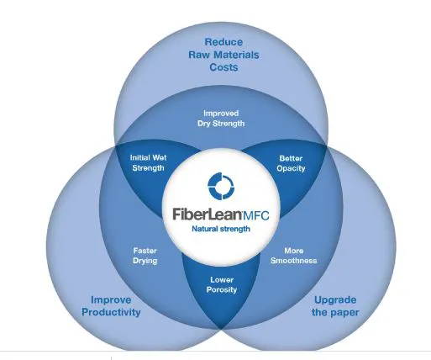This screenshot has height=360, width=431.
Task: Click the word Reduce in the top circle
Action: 223,42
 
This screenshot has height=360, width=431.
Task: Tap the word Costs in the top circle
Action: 223,67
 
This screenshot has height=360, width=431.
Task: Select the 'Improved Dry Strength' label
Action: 221,119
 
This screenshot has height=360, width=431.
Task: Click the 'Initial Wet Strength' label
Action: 148,163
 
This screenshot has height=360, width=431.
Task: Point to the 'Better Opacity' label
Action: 291,163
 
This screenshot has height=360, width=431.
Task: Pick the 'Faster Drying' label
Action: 145,256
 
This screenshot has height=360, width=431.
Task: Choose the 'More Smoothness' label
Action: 294,256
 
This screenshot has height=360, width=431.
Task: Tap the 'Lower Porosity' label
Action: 222,284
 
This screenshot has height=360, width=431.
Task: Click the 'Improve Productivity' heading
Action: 111,306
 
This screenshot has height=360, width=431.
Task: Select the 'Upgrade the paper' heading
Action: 335,306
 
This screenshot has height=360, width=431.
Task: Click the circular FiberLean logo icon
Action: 221,186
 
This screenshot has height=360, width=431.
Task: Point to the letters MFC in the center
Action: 256,215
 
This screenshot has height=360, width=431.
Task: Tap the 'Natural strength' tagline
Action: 221,229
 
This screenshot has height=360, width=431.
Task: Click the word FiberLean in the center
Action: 208,214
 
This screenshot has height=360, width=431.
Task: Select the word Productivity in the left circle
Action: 111,312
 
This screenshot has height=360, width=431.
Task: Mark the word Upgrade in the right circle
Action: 335,300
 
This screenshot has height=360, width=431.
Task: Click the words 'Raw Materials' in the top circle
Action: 223,55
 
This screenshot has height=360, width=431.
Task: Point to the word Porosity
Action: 222,289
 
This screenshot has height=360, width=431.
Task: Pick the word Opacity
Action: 291,168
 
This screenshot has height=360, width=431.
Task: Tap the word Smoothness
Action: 294,261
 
